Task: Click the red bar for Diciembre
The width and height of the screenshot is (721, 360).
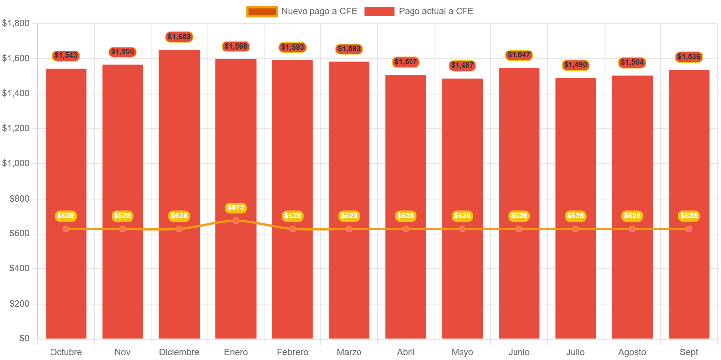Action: point(179,149)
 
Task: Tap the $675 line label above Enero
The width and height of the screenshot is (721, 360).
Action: point(236,207)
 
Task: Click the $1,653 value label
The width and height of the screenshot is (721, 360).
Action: point(179,37)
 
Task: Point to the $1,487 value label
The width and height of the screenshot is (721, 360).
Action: point(462,65)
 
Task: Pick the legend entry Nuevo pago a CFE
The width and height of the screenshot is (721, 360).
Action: point(302,11)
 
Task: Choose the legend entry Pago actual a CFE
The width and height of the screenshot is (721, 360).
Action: point(419,11)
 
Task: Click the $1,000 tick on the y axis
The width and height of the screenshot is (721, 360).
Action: point(16,163)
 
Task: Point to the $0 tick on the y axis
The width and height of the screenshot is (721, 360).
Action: point(23,338)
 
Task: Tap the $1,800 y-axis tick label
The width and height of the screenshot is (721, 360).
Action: point(16,23)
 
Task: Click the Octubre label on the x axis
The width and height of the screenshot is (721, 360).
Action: point(66,352)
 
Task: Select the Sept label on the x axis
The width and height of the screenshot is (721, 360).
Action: point(689,352)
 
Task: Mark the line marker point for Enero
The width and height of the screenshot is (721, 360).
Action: point(236,221)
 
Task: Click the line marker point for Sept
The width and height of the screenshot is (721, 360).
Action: point(689,229)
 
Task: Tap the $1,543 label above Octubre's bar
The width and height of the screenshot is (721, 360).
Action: point(66,55)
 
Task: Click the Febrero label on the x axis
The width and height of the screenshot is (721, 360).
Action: point(292,352)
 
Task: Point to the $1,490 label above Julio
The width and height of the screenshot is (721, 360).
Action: point(575,65)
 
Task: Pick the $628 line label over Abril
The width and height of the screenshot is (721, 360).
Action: point(406,216)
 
